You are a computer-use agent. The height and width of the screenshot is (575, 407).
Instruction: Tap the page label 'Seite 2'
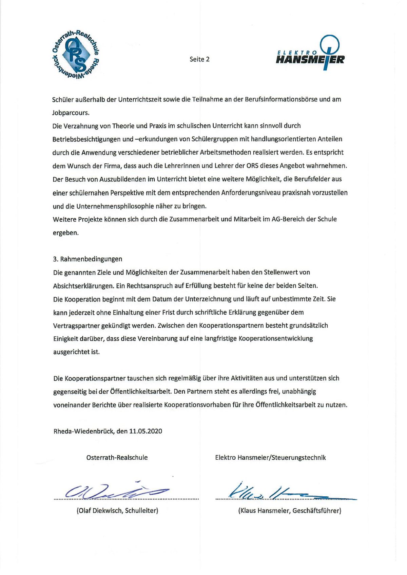tap(199, 59)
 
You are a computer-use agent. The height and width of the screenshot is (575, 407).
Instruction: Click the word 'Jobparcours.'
tap(71, 113)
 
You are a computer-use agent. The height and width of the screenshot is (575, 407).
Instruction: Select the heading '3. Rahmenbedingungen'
tap(88, 259)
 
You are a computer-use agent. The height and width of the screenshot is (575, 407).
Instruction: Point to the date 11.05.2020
tap(146, 431)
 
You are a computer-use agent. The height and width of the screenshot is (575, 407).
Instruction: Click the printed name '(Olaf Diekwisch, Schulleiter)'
tap(117, 511)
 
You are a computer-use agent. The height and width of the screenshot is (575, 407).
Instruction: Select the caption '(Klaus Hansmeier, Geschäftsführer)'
tap(290, 511)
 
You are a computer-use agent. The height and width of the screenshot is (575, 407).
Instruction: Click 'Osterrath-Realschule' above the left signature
tap(117, 458)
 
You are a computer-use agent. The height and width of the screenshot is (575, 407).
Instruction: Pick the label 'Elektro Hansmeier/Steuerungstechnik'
tap(270, 458)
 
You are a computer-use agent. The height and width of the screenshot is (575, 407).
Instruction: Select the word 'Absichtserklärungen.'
tap(83, 286)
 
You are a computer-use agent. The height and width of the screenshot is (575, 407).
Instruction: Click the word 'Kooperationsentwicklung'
tap(276, 339)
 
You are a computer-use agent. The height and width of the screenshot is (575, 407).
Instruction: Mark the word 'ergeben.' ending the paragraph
tap(65, 233)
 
